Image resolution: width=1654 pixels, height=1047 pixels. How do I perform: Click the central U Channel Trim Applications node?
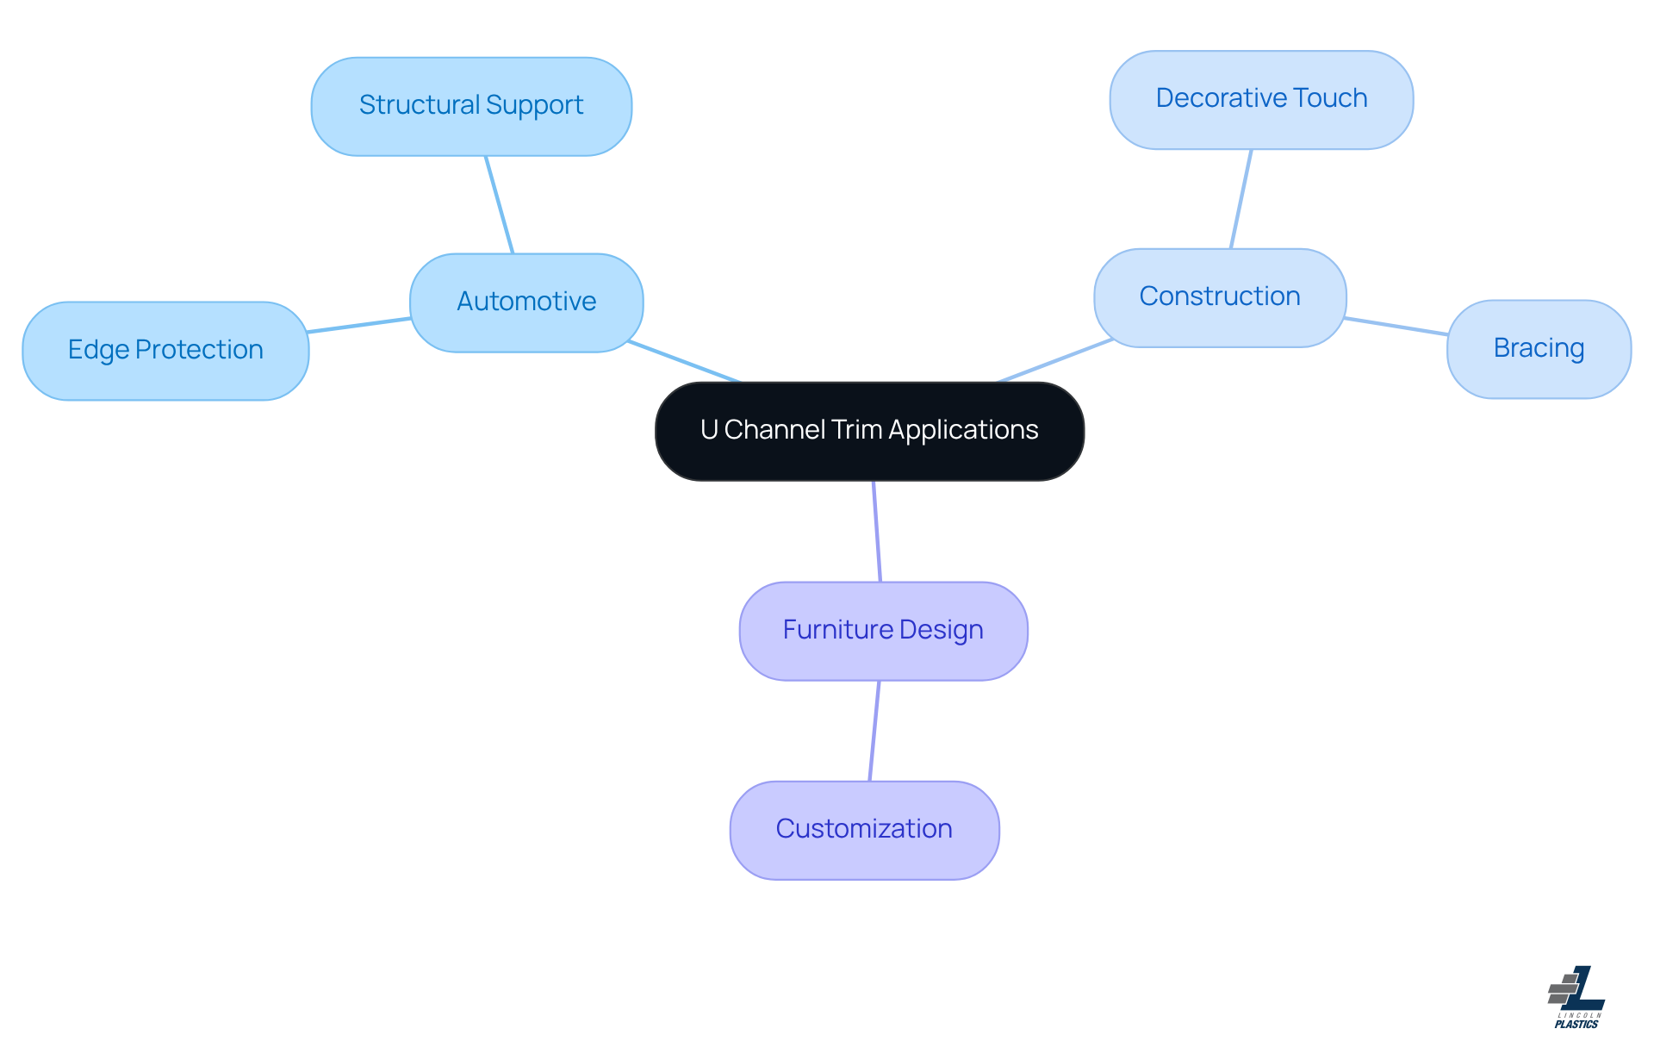coord(869,431)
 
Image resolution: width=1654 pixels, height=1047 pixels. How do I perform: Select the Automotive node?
coord(526,302)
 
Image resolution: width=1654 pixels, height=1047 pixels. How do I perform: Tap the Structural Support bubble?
coord(471,107)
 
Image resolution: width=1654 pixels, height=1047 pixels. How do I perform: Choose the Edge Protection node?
coord(165,351)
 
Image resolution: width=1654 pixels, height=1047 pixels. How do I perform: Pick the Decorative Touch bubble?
coord(1261,100)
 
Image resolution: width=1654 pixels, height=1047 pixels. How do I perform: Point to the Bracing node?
coord(1539,349)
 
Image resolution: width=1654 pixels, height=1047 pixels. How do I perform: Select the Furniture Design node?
coord(883,631)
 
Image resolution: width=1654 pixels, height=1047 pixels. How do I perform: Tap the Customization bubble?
coord(864,830)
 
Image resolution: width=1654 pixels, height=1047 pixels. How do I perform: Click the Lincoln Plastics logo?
coord(1576,997)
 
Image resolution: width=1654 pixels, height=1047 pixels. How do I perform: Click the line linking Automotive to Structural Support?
coord(500,205)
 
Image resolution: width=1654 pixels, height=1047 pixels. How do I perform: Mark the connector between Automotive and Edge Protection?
coord(359,325)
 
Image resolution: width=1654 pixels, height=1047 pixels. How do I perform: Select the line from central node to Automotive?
coord(684,362)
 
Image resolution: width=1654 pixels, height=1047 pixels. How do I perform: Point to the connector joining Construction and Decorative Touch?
coord(1241,199)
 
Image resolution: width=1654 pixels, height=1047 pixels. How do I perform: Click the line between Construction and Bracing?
coord(1396,326)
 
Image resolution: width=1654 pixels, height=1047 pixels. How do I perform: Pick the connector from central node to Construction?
coord(1055,360)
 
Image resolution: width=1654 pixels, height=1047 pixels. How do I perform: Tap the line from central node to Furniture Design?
coord(877,532)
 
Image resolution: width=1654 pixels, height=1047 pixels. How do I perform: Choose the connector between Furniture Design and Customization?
coord(874,731)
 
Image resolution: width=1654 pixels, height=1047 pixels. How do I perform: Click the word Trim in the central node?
coord(857,430)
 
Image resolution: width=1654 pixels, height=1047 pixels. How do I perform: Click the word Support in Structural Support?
coord(534,106)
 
